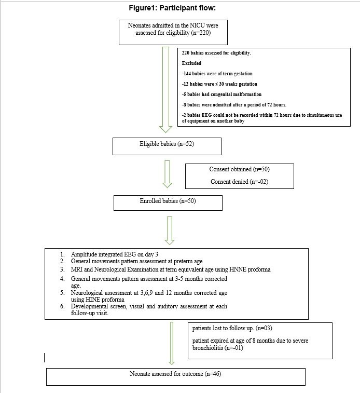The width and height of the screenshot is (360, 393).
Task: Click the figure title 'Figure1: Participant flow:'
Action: point(172,8)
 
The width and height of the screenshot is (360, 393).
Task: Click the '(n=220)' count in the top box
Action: point(201,33)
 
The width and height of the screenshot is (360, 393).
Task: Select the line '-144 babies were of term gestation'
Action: point(217,74)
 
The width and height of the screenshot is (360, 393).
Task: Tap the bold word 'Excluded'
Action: point(191,63)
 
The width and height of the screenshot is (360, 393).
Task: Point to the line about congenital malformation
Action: point(221,94)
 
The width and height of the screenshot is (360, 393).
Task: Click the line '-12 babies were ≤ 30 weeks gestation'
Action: point(219,84)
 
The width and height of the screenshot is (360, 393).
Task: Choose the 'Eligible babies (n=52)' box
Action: point(167,146)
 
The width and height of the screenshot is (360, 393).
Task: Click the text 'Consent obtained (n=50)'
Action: point(239,169)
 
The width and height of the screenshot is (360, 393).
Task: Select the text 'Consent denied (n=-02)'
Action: point(239,182)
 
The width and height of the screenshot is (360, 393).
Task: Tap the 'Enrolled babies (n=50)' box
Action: point(168,203)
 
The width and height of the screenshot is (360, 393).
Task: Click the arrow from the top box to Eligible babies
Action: point(165,90)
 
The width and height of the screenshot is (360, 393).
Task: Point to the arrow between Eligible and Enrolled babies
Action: point(167,174)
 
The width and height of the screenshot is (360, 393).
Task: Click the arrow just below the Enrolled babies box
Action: point(170,231)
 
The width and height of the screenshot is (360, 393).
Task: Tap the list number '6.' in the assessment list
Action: point(62,306)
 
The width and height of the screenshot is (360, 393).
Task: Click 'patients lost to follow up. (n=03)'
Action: point(232,328)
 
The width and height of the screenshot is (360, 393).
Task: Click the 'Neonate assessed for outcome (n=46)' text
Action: point(175,374)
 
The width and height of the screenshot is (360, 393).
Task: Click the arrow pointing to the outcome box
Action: point(172,343)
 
